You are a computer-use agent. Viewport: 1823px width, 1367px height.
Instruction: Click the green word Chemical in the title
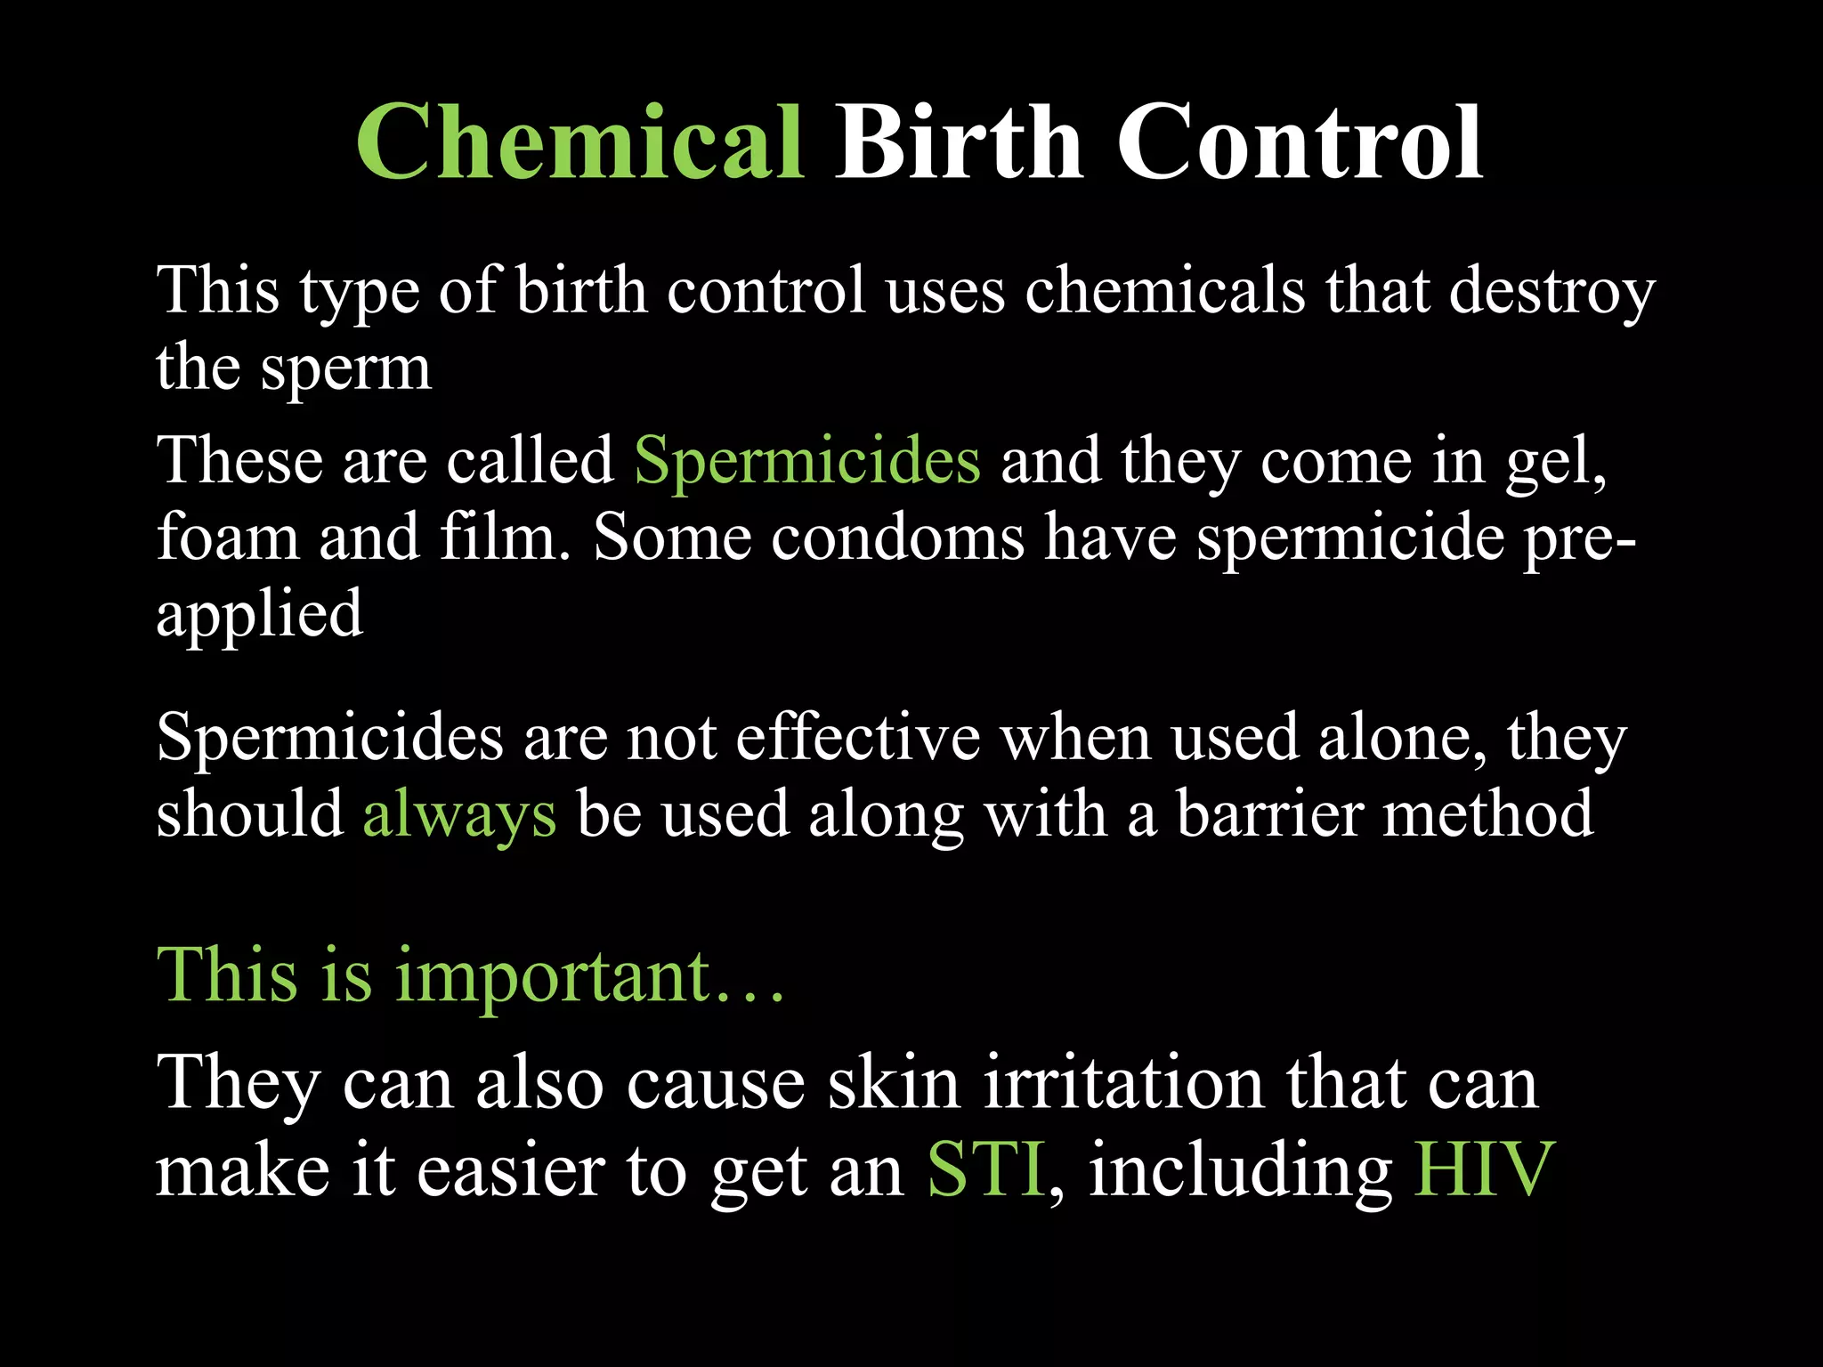tap(579, 142)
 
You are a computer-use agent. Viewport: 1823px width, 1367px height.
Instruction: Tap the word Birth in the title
tap(958, 142)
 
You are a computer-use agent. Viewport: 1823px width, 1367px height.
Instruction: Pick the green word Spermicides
tap(806, 461)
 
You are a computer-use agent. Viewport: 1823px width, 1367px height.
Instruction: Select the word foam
tap(228, 538)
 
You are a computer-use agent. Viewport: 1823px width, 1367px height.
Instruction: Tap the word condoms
tap(897, 538)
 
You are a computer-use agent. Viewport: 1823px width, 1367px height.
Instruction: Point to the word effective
tap(858, 739)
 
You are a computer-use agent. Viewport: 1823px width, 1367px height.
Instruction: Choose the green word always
tap(459, 815)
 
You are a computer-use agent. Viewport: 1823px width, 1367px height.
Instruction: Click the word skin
tap(894, 1084)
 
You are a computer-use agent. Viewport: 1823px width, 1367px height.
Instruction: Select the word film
tap(504, 538)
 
